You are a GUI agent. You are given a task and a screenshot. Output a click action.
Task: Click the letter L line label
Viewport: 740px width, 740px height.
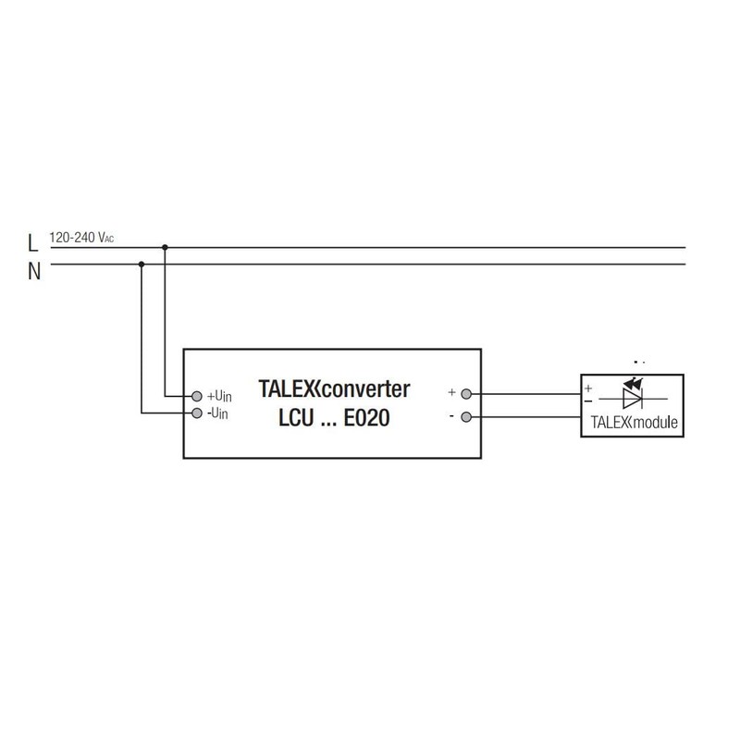[x=32, y=245]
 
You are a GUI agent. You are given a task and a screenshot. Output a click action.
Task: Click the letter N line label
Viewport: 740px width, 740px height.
[x=33, y=271]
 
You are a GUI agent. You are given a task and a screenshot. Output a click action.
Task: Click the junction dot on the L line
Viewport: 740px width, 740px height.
[x=165, y=248]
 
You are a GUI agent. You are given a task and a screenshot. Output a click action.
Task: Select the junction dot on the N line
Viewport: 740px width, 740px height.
[x=142, y=265]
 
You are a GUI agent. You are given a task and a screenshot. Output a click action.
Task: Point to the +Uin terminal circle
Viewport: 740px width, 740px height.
[x=197, y=395]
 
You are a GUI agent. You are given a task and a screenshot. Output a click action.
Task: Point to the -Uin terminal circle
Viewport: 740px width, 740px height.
[x=197, y=412]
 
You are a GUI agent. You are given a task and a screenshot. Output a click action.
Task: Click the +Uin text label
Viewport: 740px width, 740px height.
[x=219, y=396]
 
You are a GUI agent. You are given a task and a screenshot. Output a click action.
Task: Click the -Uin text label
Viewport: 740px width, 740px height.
[x=218, y=413]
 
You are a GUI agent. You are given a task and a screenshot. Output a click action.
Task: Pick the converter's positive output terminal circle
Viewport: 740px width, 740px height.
[x=466, y=393]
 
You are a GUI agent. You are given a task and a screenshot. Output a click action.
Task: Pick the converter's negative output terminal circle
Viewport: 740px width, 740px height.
[x=466, y=416]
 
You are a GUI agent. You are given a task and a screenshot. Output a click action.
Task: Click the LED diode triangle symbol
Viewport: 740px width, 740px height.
[x=632, y=399]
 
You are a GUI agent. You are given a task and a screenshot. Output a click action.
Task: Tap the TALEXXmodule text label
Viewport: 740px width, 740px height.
[x=634, y=425]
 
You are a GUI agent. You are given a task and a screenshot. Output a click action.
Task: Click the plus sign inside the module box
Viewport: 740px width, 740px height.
[x=588, y=388]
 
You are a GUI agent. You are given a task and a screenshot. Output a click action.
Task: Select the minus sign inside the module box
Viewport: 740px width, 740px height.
[x=588, y=401]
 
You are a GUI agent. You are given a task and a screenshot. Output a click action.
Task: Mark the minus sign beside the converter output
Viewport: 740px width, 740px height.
[x=450, y=416]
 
